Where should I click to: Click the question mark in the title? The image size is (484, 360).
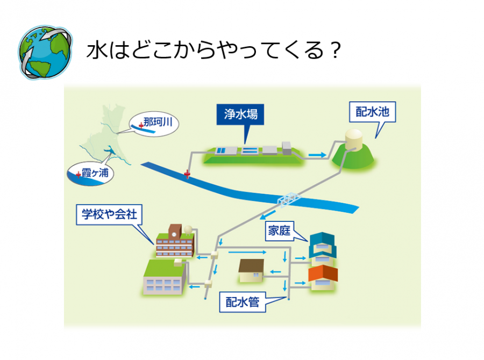[334, 52]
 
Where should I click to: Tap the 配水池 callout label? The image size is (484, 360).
[372, 112]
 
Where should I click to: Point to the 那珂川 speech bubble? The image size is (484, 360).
[154, 124]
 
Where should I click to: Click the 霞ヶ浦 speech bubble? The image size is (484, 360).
[91, 174]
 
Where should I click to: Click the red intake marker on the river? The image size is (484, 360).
[187, 174]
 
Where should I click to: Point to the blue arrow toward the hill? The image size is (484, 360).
[317, 155]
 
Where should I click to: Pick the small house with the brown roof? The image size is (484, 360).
[252, 271]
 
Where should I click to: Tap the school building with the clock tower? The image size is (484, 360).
[175, 242]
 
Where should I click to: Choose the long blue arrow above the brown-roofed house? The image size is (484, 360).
[248, 251]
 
